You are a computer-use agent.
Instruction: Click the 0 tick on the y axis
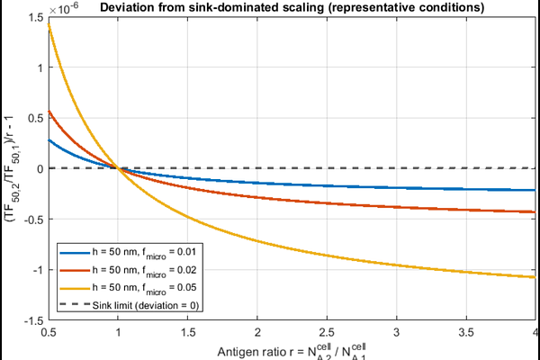pos(40,168)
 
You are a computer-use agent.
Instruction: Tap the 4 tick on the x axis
pos(535,332)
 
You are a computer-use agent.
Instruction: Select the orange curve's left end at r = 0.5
pos(50,111)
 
